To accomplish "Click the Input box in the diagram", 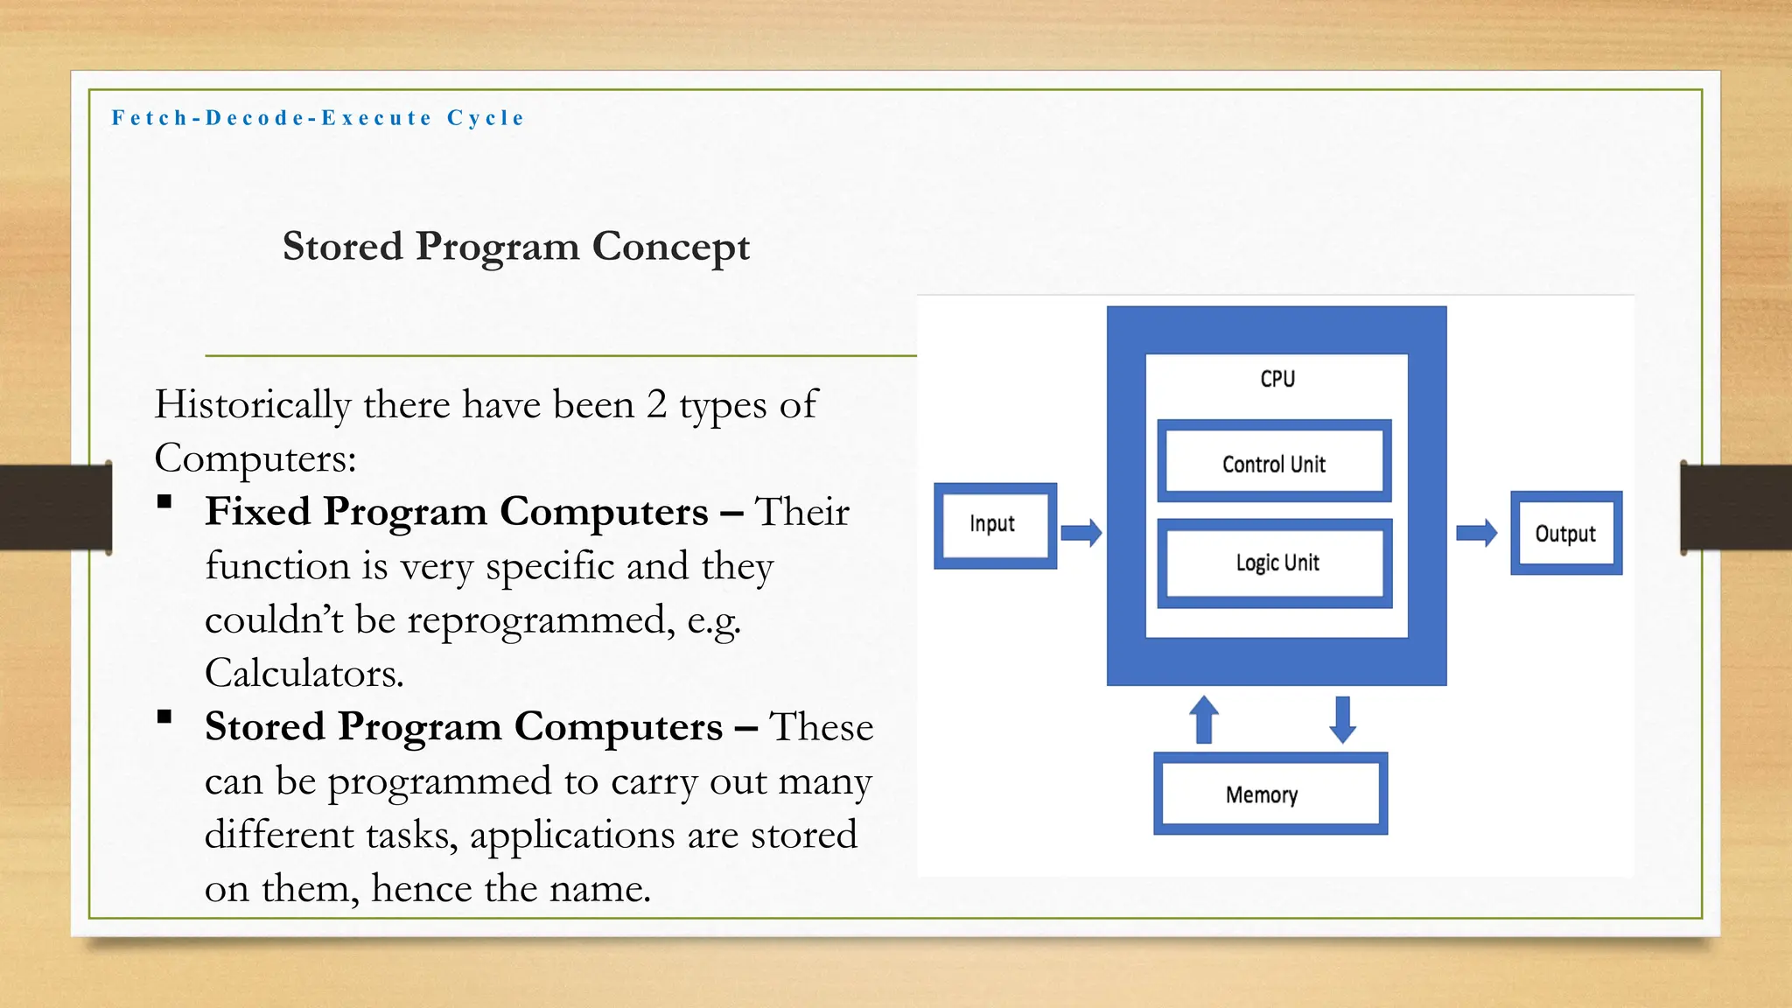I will [994, 525].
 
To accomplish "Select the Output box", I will [1565, 533].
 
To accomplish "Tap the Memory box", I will [1270, 794].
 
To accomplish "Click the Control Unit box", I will [1274, 463].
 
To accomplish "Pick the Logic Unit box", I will [1275, 563].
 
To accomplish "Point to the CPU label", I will [1277, 379].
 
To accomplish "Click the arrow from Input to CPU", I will [1081, 532].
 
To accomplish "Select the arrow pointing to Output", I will [1477, 532].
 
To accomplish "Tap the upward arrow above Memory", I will [1204, 719].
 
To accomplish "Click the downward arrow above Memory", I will [1342, 719].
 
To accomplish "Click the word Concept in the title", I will [671, 247].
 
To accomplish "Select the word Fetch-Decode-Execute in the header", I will [272, 118].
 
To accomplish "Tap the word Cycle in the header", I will [486, 118].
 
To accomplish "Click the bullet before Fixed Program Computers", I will [164, 501].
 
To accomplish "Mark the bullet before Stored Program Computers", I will [164, 717].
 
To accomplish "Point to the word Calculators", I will [304, 674].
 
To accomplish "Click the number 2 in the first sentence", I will [656, 405].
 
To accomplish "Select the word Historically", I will [253, 405].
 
